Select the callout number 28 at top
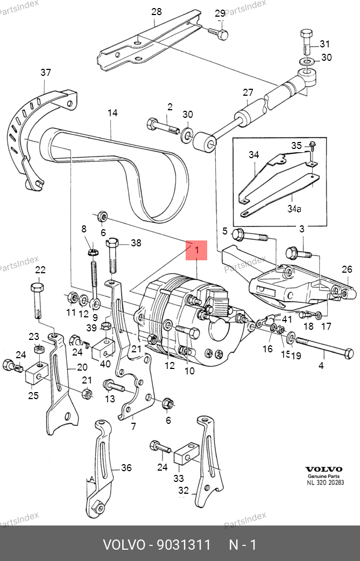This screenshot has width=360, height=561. (x=157, y=11)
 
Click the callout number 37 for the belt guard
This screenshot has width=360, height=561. (x=46, y=73)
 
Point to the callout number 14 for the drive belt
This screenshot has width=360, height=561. (x=112, y=113)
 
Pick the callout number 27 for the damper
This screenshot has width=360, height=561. (x=247, y=93)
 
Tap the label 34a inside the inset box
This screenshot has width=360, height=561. (x=294, y=208)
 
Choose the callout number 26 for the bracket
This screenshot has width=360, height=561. (x=347, y=269)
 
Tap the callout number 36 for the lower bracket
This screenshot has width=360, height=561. (x=126, y=468)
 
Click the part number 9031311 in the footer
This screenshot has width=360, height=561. (x=183, y=545)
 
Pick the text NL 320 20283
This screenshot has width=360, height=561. (x=325, y=482)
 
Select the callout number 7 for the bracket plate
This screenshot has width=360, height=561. (x=133, y=427)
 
